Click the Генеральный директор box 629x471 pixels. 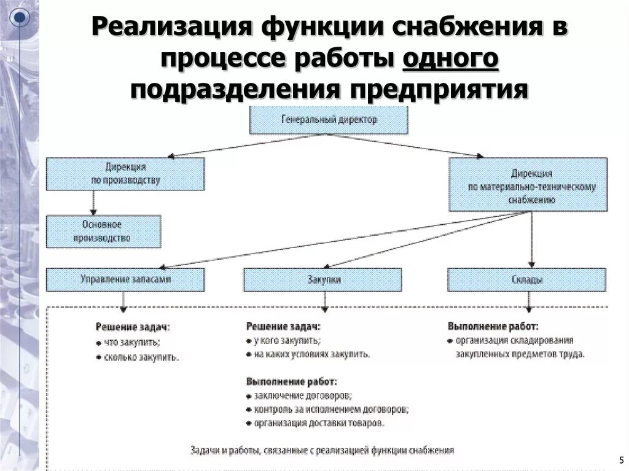[329, 120]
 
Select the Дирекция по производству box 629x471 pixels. [125, 173]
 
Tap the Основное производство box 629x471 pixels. [103, 231]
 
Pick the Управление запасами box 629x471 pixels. [125, 279]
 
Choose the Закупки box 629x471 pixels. [322, 279]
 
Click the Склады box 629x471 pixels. [527, 279]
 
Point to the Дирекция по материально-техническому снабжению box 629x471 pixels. [528, 184]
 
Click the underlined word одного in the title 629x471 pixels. [451, 60]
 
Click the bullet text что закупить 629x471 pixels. [132, 342]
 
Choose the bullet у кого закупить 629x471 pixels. [286, 340]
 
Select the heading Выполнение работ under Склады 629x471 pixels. [493, 325]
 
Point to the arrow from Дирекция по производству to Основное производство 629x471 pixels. [93, 202]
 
